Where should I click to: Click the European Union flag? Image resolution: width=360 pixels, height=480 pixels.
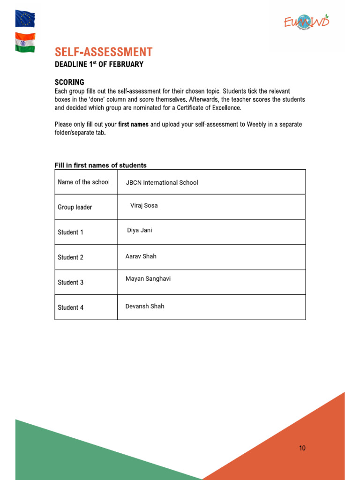pyautogui.click(x=25, y=19)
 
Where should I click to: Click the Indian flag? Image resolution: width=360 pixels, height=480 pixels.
pyautogui.click(x=25, y=43)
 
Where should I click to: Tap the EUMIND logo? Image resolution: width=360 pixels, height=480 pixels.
pyautogui.click(x=307, y=21)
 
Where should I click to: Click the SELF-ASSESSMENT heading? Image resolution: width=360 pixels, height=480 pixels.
pyautogui.click(x=104, y=52)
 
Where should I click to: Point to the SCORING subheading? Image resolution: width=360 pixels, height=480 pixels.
pyautogui.click(x=69, y=82)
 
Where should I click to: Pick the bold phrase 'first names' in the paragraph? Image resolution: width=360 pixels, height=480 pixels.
pyautogui.click(x=133, y=124)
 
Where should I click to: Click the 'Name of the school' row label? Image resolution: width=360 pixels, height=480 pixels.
pyautogui.click(x=83, y=182)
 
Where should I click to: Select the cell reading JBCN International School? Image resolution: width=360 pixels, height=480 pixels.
pyautogui.click(x=162, y=182)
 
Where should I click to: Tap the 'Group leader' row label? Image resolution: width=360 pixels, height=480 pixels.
pyautogui.click(x=75, y=207)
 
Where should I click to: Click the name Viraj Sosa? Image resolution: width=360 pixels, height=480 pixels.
pyautogui.click(x=144, y=205)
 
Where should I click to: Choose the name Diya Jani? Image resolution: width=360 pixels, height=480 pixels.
pyautogui.click(x=140, y=230)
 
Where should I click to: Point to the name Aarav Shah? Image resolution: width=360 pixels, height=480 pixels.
pyautogui.click(x=141, y=256)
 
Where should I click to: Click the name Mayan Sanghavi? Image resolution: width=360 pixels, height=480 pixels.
pyautogui.click(x=148, y=278)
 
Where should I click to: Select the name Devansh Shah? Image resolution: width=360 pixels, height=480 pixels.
pyautogui.click(x=145, y=306)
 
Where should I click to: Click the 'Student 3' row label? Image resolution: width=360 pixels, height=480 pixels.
pyautogui.click(x=71, y=282)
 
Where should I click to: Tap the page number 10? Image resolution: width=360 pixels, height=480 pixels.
pyautogui.click(x=302, y=448)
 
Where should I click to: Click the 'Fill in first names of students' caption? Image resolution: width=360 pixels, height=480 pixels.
pyautogui.click(x=101, y=165)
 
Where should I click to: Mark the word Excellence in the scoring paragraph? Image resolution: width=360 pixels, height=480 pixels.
pyautogui.click(x=225, y=108)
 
